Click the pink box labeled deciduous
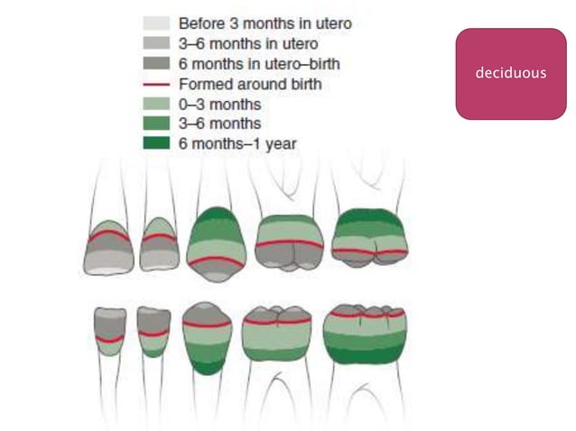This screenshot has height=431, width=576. click(x=510, y=73)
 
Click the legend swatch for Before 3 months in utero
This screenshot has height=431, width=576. click(x=156, y=22)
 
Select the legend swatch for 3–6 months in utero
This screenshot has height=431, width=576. click(x=156, y=42)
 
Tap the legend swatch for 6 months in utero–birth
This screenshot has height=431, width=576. click(x=156, y=63)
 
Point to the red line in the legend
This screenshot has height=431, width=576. click(x=156, y=83)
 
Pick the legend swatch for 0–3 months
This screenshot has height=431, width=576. click(x=156, y=103)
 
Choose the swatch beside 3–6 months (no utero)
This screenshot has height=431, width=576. click(x=156, y=123)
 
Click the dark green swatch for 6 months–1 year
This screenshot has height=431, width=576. click(x=156, y=142)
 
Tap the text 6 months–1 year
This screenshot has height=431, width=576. click(x=237, y=142)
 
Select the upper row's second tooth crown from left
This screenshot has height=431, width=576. click(x=159, y=244)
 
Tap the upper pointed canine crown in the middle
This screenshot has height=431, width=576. click(x=217, y=243)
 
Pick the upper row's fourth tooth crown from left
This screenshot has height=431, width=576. click(x=290, y=242)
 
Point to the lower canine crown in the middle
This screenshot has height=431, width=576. click(x=208, y=336)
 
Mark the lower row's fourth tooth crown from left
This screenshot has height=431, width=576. click(x=277, y=333)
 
